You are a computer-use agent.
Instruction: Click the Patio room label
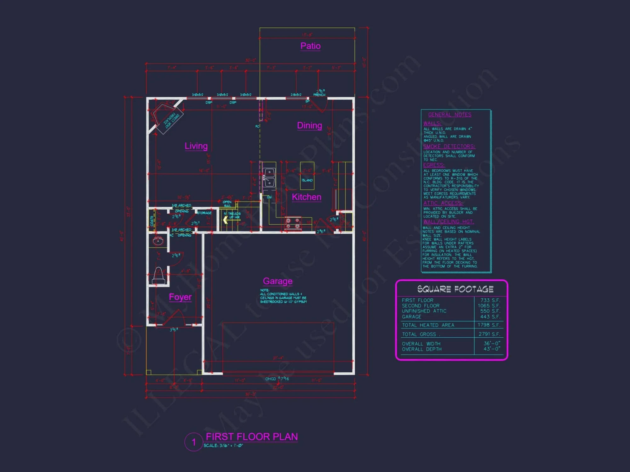310,46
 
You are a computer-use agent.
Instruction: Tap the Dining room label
309,126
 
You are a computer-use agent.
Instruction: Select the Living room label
196,146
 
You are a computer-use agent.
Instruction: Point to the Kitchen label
306,197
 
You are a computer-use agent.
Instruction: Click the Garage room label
278,281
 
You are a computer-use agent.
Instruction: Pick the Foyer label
180,297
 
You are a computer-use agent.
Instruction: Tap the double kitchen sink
269,177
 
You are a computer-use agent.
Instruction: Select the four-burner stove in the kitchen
293,223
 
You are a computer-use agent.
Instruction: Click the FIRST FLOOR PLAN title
252,437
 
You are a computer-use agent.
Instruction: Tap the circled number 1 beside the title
193,442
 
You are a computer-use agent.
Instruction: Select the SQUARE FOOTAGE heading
455,289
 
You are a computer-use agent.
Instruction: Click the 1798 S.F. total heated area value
489,325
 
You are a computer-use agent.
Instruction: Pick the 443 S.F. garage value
490,317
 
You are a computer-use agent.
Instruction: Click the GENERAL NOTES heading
450,115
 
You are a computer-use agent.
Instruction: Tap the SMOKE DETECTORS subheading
449,146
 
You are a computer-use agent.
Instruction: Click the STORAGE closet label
204,213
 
